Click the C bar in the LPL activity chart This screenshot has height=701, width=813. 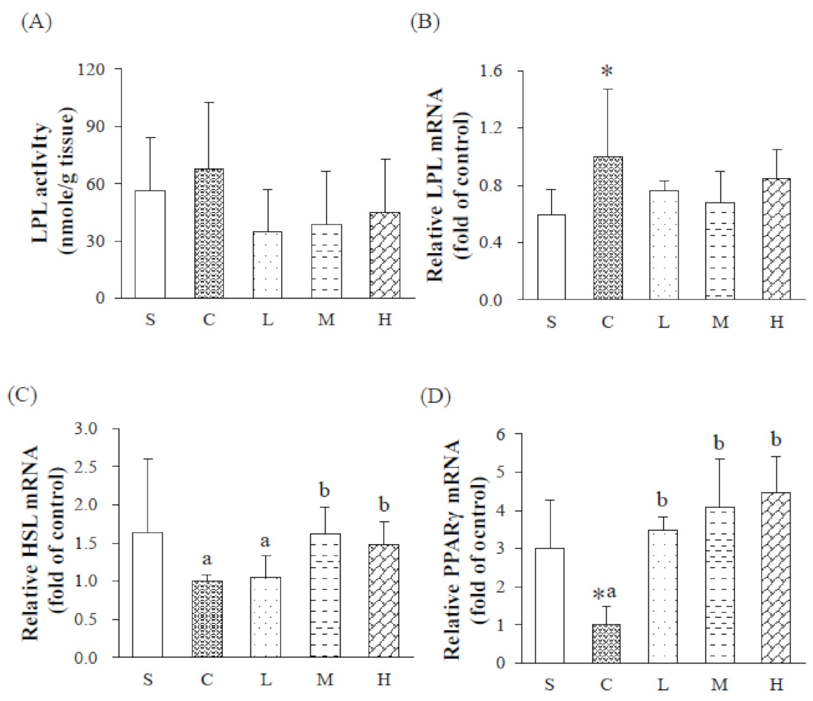tap(209, 234)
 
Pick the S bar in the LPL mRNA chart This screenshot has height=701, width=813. tap(551, 257)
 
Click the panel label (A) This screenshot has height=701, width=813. tap(36, 22)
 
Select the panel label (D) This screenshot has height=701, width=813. tap(436, 397)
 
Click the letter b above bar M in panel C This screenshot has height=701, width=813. tap(324, 491)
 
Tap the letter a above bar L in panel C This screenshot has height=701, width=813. tap(265, 541)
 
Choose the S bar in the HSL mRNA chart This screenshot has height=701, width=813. tap(148, 595)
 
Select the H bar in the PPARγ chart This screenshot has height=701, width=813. tap(776, 577)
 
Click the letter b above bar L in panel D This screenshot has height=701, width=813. tap(662, 501)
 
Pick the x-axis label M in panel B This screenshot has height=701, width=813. tap(720, 322)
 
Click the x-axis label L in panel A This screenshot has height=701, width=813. tap(267, 320)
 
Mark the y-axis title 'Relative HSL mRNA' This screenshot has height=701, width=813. tap(31, 543)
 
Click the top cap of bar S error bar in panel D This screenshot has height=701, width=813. tap(550, 501)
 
